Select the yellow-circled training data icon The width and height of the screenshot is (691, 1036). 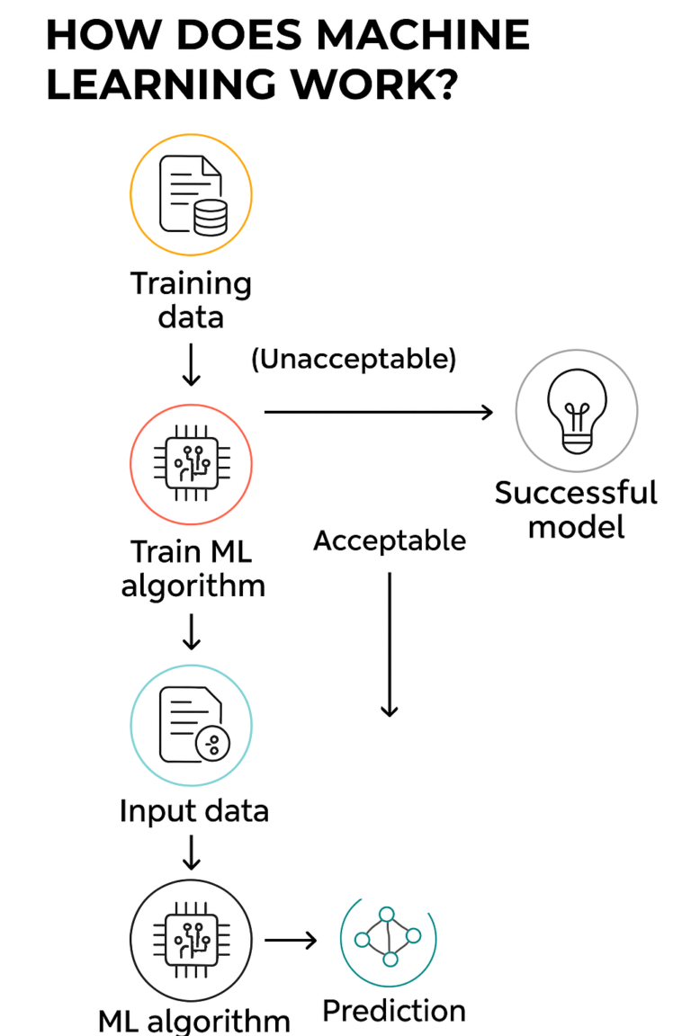click(x=191, y=194)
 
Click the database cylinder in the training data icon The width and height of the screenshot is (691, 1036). click(x=211, y=216)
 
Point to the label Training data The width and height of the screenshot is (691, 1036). click(x=191, y=299)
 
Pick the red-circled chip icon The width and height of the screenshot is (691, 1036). click(x=191, y=464)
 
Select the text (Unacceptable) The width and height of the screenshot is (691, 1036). click(x=354, y=359)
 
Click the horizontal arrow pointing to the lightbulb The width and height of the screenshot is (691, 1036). click(x=378, y=412)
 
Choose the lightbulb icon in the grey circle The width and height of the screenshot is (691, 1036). click(x=576, y=411)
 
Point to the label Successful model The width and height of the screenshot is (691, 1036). click(x=576, y=509)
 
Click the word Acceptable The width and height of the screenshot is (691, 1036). click(x=390, y=540)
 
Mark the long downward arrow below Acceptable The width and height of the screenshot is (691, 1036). click(x=389, y=644)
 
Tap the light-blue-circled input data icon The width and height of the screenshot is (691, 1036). click(x=191, y=726)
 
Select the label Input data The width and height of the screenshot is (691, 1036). click(x=193, y=811)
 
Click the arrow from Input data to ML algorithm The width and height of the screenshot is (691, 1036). click(x=191, y=851)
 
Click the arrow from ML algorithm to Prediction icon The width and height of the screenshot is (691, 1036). click(x=291, y=941)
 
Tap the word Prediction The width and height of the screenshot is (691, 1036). click(x=394, y=1011)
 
